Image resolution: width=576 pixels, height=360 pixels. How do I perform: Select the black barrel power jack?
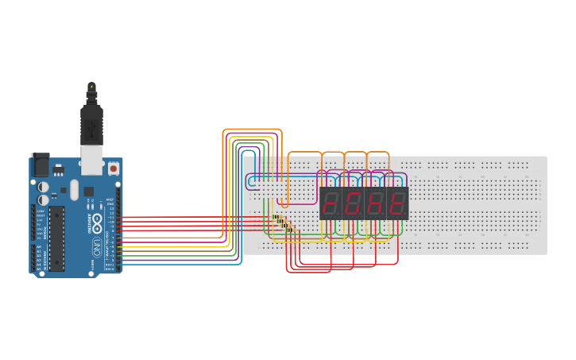click(40, 165)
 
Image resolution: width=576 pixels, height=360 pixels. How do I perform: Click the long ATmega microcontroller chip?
click(57, 238)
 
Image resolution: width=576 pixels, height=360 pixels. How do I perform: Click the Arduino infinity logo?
click(97, 222)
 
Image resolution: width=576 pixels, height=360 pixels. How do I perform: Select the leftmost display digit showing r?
click(331, 203)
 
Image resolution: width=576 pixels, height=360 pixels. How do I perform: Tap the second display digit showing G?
click(353, 203)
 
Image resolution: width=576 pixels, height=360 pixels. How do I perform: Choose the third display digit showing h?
click(375, 203)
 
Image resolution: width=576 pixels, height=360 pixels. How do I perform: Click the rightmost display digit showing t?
click(397, 203)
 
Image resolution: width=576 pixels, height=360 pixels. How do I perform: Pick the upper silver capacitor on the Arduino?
click(43, 187)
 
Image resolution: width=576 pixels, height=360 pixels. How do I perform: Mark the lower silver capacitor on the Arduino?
click(43, 199)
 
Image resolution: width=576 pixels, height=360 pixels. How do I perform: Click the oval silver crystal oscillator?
click(74, 190)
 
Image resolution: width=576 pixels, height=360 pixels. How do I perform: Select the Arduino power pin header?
click(33, 221)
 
